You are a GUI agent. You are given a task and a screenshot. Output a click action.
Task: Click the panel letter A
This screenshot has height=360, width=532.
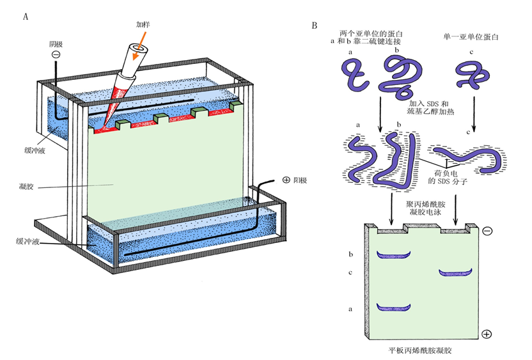coord(25,17)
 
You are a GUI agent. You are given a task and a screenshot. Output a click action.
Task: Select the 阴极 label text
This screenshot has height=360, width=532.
coord(56,45)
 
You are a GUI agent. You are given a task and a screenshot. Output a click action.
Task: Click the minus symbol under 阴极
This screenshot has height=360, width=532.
coord(56,56)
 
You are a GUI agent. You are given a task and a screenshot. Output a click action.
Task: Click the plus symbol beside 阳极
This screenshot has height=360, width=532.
coord(285,181)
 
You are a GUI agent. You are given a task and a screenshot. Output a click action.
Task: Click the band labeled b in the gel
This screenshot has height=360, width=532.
coord(392,255)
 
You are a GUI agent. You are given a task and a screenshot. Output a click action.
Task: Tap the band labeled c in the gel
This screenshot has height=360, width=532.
coord(455,273)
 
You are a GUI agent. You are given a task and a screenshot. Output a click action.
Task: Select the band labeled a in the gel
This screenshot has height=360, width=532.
coord(392,307)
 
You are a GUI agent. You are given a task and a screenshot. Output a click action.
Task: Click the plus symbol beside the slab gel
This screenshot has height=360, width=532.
coord(487,333)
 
